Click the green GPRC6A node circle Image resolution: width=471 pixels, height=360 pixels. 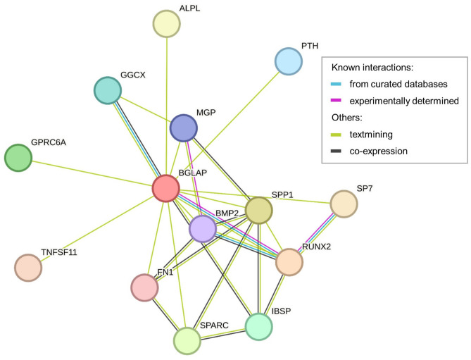pyautogui.click(x=18, y=157)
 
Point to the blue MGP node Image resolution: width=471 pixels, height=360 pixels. pyautogui.click(x=184, y=128)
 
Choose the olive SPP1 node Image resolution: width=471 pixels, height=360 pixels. pyautogui.click(x=258, y=210)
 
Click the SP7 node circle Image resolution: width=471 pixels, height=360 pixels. pyautogui.click(x=344, y=204)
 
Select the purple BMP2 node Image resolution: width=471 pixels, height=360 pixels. pyautogui.click(x=202, y=229)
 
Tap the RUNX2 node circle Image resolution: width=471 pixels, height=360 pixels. pyautogui.click(x=289, y=261)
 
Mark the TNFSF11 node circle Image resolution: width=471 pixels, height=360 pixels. pyautogui.click(x=28, y=267)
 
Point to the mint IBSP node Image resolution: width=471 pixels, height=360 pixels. pyautogui.click(x=258, y=325)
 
